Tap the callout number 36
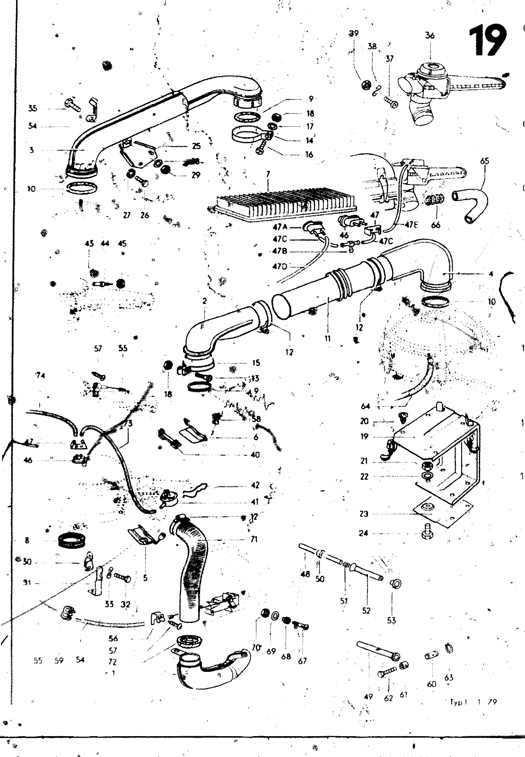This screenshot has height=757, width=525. [x=429, y=35]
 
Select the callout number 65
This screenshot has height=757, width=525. [x=484, y=161]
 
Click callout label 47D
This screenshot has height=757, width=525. [x=280, y=267]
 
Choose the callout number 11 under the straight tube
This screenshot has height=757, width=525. [x=328, y=338]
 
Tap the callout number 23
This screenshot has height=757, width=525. [x=364, y=514]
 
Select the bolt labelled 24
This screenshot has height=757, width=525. [x=425, y=533]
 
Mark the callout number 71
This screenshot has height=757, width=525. [x=254, y=539]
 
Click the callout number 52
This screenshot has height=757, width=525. [x=366, y=611]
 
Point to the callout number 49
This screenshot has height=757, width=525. [x=368, y=696]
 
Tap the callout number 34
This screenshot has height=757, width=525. [x=32, y=126]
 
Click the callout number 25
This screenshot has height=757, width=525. [x=196, y=146]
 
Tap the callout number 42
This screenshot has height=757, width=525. [x=255, y=485]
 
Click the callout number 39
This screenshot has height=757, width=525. [x=354, y=34]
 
